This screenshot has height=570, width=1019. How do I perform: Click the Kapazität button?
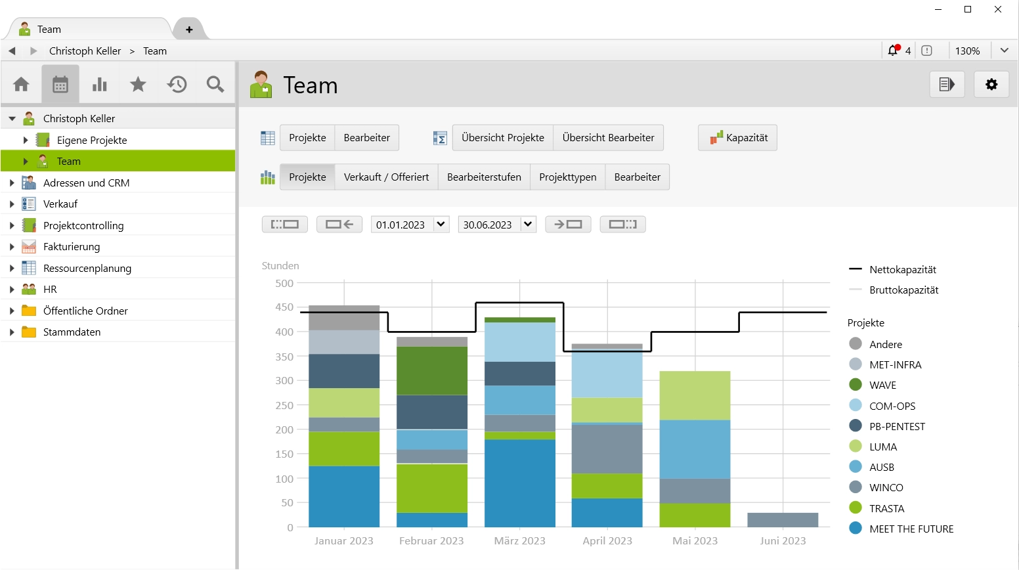point(737,138)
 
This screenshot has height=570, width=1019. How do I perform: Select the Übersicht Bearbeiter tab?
point(608,138)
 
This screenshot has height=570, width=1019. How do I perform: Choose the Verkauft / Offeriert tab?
point(386,177)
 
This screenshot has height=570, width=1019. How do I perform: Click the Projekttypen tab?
point(567,177)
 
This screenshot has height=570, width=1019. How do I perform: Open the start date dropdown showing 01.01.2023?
point(441,225)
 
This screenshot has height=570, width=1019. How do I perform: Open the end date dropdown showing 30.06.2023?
point(528,225)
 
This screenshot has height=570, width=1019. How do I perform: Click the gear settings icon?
point(991,85)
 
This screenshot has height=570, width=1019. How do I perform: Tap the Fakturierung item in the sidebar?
point(72,247)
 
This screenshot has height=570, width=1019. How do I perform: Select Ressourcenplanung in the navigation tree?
point(87,269)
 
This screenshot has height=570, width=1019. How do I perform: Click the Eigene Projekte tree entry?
point(91,141)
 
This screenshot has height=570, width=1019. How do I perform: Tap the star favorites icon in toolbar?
point(138,85)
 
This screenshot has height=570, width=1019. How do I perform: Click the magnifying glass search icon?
point(215,85)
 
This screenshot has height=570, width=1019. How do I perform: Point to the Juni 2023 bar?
point(783,520)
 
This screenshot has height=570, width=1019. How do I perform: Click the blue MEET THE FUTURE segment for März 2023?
point(520,483)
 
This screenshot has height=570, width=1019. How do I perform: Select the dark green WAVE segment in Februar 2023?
point(432,370)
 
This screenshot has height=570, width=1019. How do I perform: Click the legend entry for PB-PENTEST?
point(896,427)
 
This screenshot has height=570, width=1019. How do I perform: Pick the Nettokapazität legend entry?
point(902,270)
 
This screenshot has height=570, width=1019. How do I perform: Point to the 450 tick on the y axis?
point(284,307)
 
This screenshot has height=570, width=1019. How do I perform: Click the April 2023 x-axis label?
point(607,541)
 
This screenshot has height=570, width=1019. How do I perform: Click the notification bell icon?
point(893,51)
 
